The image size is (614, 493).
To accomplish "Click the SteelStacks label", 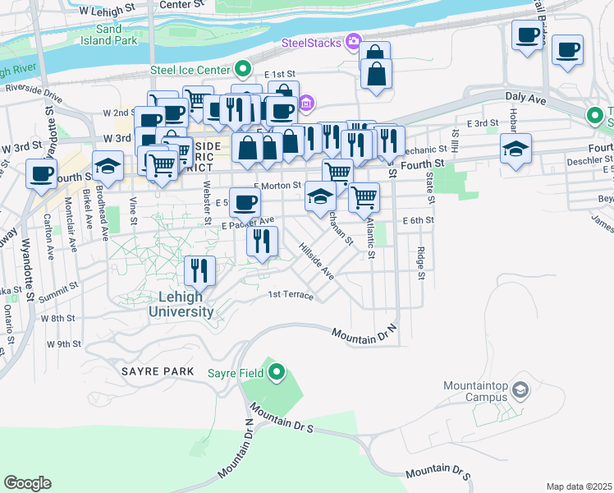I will tap(311, 42).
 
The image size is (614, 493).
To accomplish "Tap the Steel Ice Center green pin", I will tap(242, 68).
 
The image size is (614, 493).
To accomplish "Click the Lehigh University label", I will tap(181, 304).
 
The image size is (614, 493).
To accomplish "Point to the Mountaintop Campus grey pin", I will tap(519, 388).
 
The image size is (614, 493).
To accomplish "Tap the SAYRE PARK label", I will tap(158, 371).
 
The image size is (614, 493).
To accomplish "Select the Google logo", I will tap(27, 483).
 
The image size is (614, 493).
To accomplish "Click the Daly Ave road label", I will tap(526, 97).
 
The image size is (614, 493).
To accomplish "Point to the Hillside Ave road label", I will tap(316, 260).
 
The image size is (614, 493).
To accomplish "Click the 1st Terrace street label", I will tap(291, 294).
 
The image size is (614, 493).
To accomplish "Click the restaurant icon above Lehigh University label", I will tap(199, 269).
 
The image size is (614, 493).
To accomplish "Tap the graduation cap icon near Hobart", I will tap(515, 149).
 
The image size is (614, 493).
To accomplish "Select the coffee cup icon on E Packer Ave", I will tap(244, 201).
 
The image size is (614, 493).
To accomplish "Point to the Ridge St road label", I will tap(421, 263).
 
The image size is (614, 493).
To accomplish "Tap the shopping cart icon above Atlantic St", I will tap(364, 196).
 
